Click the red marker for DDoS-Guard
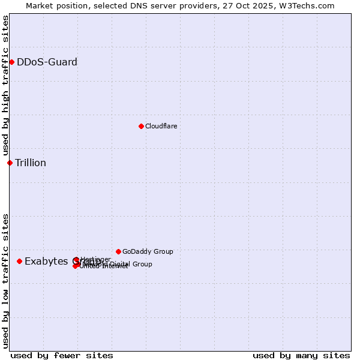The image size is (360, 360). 11,62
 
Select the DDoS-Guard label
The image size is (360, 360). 47,62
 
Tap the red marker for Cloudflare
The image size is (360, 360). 141,126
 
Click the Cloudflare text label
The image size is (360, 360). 161,126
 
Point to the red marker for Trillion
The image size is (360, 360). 10,163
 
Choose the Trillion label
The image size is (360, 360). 31,163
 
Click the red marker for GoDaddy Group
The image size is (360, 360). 118,251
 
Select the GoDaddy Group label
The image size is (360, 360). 148,251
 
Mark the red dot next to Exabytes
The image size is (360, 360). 19,261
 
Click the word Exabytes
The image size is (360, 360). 47,261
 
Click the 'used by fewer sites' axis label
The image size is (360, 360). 62,355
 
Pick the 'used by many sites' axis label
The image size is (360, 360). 301,355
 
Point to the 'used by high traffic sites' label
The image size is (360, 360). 5,85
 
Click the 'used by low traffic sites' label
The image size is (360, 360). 5,280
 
